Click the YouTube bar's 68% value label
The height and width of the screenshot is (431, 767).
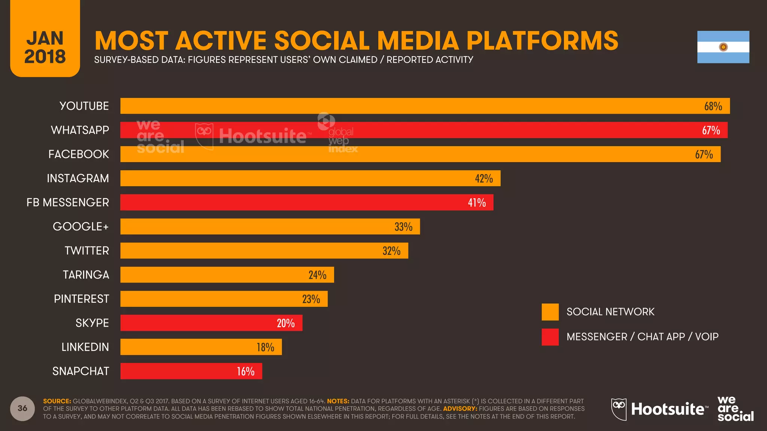point(713,106)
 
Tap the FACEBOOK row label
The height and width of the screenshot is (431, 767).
point(79,154)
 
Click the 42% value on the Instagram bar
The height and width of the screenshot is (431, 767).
point(483,178)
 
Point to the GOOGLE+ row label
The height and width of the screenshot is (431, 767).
point(81,227)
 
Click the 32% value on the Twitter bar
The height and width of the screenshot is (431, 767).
point(391,251)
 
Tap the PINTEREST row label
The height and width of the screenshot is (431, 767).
point(81,299)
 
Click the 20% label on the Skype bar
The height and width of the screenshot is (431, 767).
point(285,323)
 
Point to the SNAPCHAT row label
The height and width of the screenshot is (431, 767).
point(81,371)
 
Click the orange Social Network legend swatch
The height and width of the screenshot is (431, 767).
point(550,312)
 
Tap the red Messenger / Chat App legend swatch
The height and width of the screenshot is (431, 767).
point(550,337)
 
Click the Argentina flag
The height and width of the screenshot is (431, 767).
point(723,47)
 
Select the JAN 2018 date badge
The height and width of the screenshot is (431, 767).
point(45,47)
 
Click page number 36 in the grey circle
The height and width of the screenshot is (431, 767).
point(22,408)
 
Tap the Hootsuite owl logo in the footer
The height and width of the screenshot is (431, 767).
point(619,409)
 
